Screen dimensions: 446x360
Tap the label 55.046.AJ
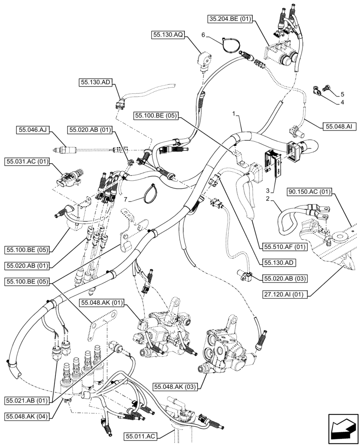[x=33, y=130]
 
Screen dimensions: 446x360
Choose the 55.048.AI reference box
[x=338, y=127]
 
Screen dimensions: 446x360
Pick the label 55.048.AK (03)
[x=176, y=385]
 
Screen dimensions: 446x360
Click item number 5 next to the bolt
[x=342, y=94]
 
